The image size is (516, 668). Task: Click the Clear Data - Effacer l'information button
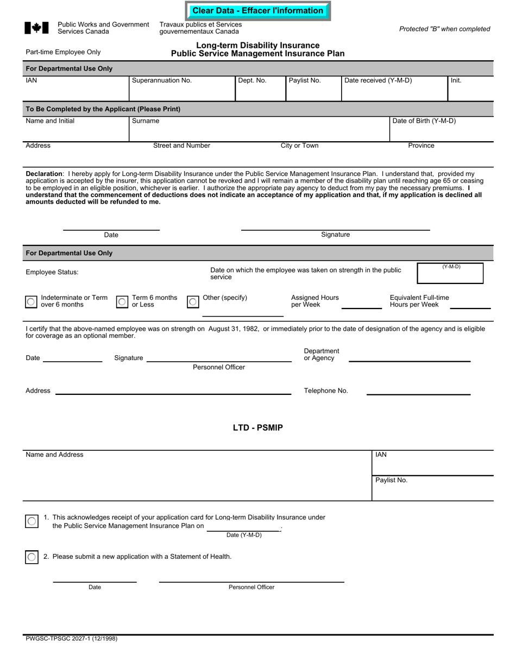[257, 11]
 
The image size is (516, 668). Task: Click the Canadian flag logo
[36, 28]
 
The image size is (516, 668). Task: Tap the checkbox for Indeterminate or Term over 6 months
[32, 302]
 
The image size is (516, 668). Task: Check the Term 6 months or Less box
[123, 302]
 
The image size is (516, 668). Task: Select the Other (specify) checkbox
[193, 302]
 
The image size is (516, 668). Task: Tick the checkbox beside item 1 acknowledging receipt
[32, 521]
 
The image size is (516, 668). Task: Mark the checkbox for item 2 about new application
[32, 557]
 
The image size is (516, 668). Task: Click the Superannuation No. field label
[162, 80]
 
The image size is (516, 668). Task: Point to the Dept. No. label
[252, 80]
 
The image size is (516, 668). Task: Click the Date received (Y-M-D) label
[378, 80]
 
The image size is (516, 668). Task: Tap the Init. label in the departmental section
[456, 80]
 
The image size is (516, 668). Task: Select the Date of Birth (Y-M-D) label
[424, 121]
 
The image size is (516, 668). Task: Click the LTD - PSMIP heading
[258, 428]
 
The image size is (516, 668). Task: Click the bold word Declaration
[44, 174]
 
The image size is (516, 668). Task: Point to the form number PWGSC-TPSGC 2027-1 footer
[71, 639]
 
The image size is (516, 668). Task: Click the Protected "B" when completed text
[444, 29]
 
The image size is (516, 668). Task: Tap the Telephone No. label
[326, 391]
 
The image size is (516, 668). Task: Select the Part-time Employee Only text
[63, 52]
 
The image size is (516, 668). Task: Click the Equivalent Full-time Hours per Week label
[419, 301]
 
